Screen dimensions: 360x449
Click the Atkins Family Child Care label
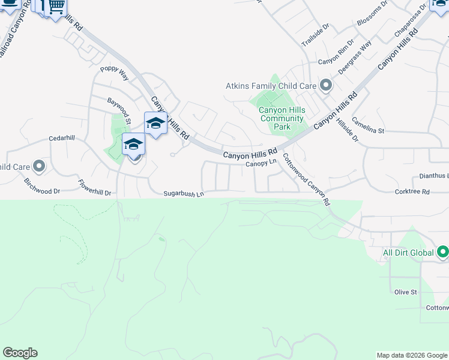coord(270,86)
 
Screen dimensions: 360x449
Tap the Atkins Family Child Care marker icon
coord(326,86)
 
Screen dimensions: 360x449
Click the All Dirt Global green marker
coord(443,253)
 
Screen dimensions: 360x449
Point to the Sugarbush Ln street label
coord(184,194)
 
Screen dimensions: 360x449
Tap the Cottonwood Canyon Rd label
coord(306,179)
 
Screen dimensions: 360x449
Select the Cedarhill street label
coord(62,139)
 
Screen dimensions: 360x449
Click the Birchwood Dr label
coord(43,186)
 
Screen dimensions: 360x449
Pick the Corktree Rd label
coord(412,192)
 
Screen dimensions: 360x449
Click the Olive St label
coord(406,292)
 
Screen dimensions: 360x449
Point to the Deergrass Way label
coord(355,57)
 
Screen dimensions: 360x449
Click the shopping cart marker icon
coord(56,7)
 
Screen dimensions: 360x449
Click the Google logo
coord(20,353)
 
